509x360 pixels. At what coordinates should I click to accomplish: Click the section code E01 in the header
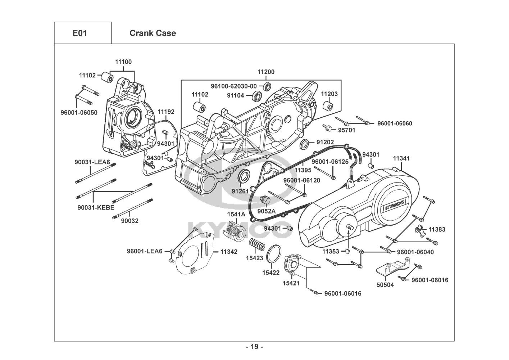pyautogui.click(x=79, y=33)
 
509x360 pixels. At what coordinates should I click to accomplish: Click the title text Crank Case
pyautogui.click(x=153, y=33)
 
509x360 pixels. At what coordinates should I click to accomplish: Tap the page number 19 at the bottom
pyautogui.click(x=254, y=347)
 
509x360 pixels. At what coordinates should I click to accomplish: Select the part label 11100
pyautogui.click(x=123, y=62)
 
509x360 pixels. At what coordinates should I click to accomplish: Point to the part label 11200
pyautogui.click(x=266, y=72)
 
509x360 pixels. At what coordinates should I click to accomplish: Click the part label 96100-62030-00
pyautogui.click(x=234, y=86)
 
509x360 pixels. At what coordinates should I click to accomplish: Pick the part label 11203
pyautogui.click(x=329, y=94)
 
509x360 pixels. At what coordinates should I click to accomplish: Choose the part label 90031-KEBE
pyautogui.click(x=95, y=208)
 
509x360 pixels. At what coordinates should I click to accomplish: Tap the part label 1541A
pyautogui.click(x=236, y=215)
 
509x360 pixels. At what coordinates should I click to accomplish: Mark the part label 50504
pyautogui.click(x=385, y=285)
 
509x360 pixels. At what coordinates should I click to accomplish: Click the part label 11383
pyautogui.click(x=437, y=229)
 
